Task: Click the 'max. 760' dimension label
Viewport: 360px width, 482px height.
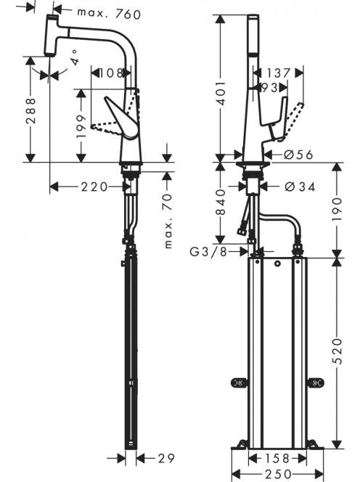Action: tap(109, 14)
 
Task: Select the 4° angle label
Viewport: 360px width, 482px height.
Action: tap(75, 57)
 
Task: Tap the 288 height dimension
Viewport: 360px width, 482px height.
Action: tap(30, 110)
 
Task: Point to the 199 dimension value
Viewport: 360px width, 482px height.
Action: tap(81, 127)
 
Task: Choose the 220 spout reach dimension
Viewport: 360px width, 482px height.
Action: tap(94, 187)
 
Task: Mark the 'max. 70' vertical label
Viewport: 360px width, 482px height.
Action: tap(168, 221)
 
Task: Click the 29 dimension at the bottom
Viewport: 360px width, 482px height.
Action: tap(166, 458)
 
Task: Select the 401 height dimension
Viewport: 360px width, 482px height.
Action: tap(221, 93)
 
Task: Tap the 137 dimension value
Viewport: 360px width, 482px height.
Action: tap(278, 73)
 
